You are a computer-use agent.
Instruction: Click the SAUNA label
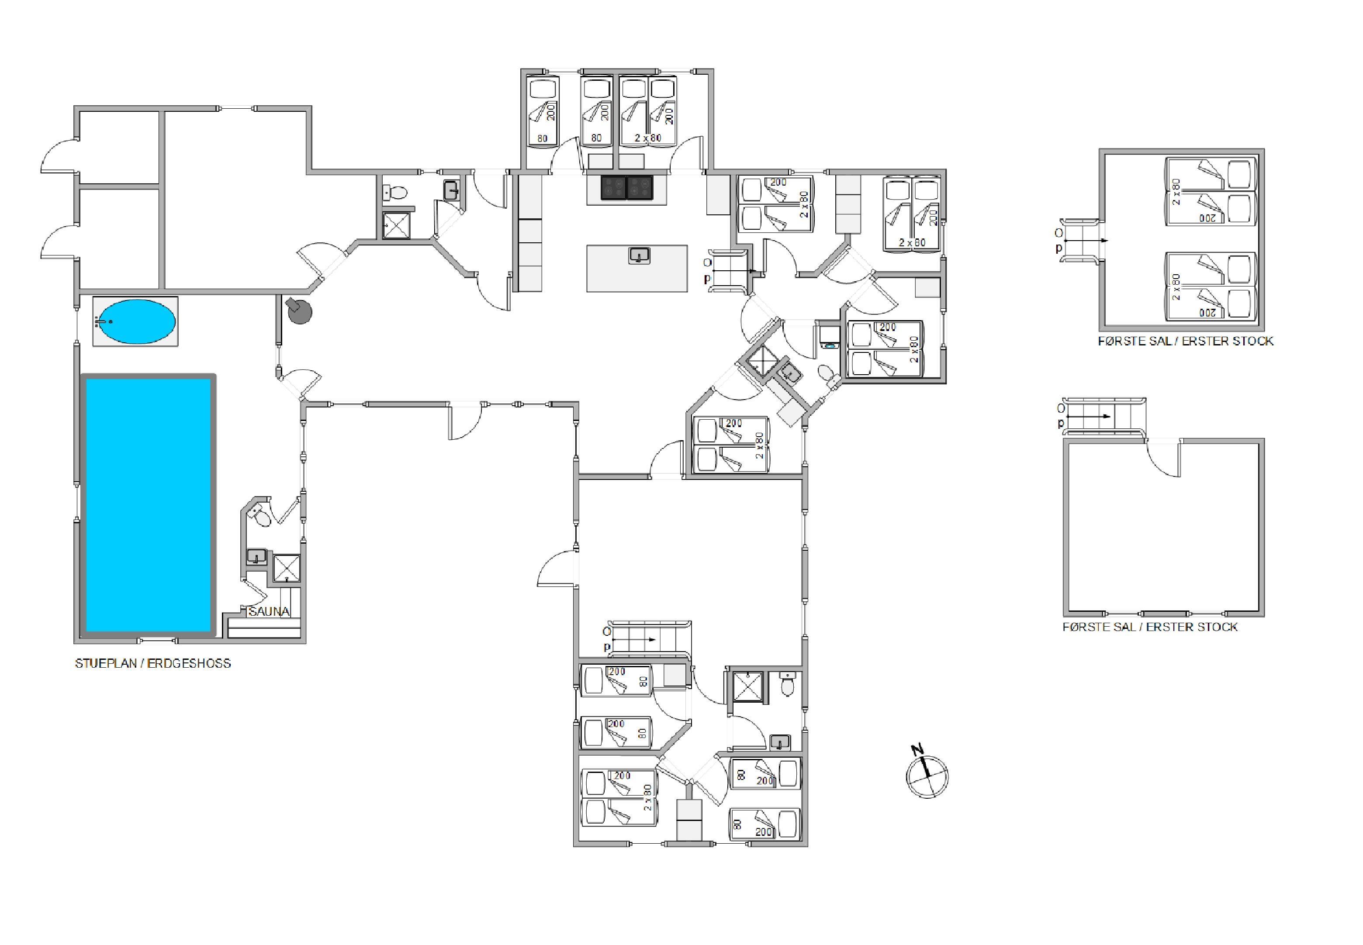click(x=269, y=611)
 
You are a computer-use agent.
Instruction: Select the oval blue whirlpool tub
click(x=136, y=321)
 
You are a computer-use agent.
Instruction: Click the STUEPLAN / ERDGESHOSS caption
click(x=153, y=663)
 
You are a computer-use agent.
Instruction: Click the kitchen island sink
click(x=639, y=255)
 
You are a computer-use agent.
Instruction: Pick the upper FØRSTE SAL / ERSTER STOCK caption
click(x=1185, y=341)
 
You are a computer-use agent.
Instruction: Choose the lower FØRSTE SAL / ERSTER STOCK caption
click(x=1150, y=627)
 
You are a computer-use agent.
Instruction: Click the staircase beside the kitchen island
click(x=729, y=271)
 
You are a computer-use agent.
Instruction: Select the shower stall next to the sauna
click(x=287, y=569)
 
